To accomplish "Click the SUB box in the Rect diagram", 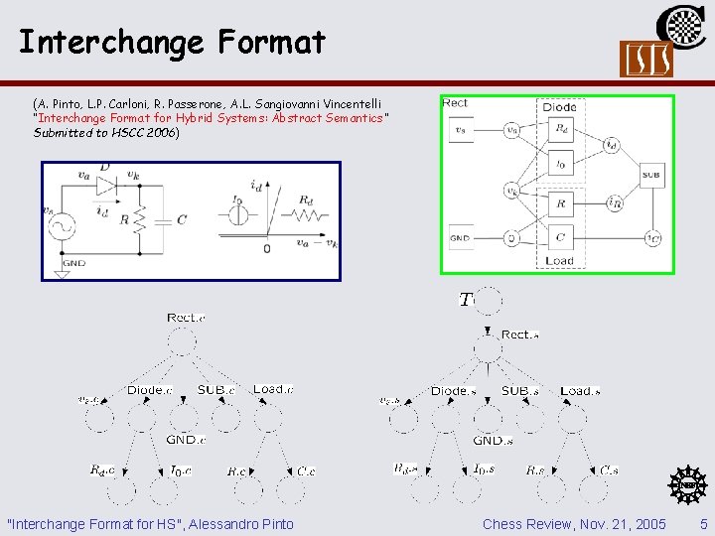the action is pyautogui.click(x=651, y=175).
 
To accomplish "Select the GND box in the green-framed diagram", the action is pyautogui.click(x=460, y=238).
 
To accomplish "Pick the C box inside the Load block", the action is pyautogui.click(x=559, y=238).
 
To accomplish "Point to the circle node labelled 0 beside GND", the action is pyautogui.click(x=510, y=238).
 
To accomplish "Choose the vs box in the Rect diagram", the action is pyautogui.click(x=460, y=129).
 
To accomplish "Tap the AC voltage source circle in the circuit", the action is pyautogui.click(x=64, y=227).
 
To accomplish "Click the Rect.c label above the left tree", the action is pyautogui.click(x=187, y=318).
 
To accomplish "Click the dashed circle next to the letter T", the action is pyautogui.click(x=488, y=301).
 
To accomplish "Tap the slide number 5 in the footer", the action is pyautogui.click(x=703, y=523).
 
